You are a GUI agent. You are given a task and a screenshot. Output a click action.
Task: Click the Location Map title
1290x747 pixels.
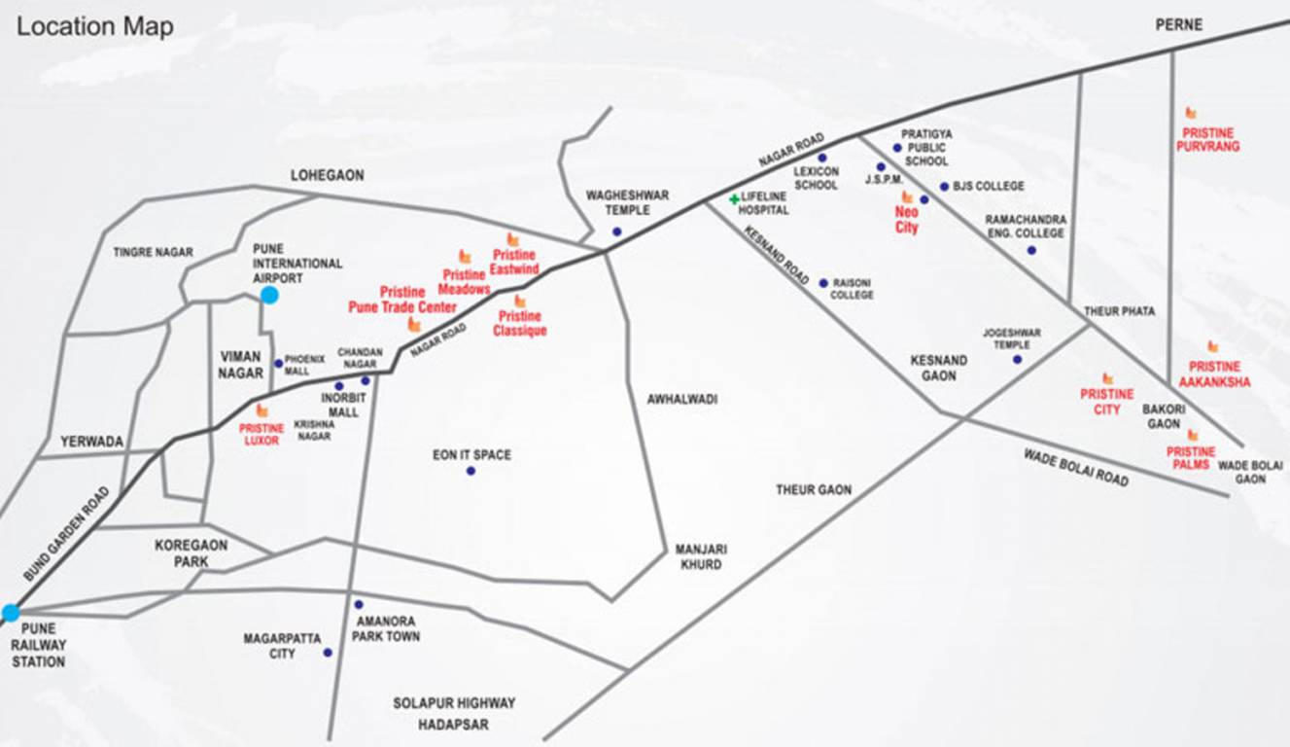(95, 26)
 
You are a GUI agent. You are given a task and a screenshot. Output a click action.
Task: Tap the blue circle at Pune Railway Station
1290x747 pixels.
(11, 613)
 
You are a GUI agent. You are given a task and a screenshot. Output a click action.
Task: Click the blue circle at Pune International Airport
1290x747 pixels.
(269, 295)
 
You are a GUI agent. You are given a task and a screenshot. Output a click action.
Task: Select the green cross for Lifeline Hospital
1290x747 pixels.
(734, 199)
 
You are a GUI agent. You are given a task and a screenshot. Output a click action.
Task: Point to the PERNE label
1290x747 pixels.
(1179, 25)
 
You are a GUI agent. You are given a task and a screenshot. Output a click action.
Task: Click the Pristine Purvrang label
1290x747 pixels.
(1210, 140)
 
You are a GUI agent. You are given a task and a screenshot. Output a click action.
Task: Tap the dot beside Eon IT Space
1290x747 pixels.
(471, 471)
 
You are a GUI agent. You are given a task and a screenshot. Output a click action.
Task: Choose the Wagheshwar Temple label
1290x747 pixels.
(627, 202)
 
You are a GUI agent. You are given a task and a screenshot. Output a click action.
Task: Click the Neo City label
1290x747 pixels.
(906, 220)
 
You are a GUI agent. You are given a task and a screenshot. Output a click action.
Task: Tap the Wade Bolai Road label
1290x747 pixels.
(1076, 468)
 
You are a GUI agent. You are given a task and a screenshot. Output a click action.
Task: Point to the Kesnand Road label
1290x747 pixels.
(777, 256)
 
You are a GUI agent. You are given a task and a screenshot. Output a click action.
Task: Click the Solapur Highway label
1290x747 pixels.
(454, 702)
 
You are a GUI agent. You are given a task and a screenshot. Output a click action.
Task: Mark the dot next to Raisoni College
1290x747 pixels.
(823, 283)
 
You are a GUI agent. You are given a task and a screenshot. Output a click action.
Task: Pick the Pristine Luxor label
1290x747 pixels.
(262, 434)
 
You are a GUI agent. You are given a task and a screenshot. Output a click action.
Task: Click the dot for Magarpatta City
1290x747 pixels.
(328, 653)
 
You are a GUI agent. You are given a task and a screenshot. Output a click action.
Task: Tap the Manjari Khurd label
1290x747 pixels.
(701, 556)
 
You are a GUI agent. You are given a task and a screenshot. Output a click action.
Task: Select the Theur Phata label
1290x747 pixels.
(1120, 311)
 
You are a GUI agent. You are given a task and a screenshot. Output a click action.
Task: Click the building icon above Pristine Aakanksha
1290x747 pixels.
(1212, 346)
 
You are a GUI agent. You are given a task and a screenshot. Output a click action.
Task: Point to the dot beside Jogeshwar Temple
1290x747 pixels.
(1017, 359)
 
